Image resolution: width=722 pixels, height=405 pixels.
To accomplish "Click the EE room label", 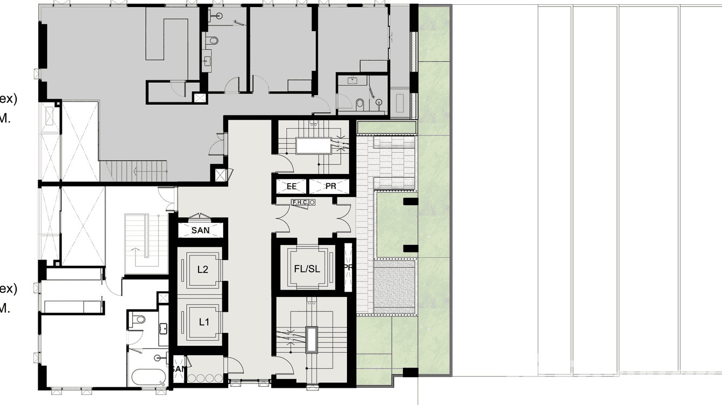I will click(x=291, y=186).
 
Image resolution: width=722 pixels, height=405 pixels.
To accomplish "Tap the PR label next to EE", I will click(x=330, y=186).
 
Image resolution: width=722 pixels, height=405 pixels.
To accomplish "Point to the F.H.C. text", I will click(x=299, y=202).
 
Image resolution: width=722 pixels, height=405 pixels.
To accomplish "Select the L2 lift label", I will click(x=202, y=270).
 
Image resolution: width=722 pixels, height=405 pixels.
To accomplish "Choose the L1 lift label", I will click(x=203, y=322).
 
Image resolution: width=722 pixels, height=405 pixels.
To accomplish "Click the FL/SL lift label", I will click(x=307, y=269).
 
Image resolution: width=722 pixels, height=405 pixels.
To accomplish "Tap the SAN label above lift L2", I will click(x=200, y=230).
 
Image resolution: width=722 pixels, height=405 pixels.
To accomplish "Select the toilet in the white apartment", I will click(x=139, y=319).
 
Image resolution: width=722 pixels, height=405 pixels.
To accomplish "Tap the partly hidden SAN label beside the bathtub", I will click(x=178, y=370).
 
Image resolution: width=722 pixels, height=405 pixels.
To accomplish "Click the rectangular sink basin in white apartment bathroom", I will click(x=163, y=328).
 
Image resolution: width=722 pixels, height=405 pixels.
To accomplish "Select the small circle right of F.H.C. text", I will click(x=312, y=202).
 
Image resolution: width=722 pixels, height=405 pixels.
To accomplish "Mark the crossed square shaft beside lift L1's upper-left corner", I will click(x=163, y=298).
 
